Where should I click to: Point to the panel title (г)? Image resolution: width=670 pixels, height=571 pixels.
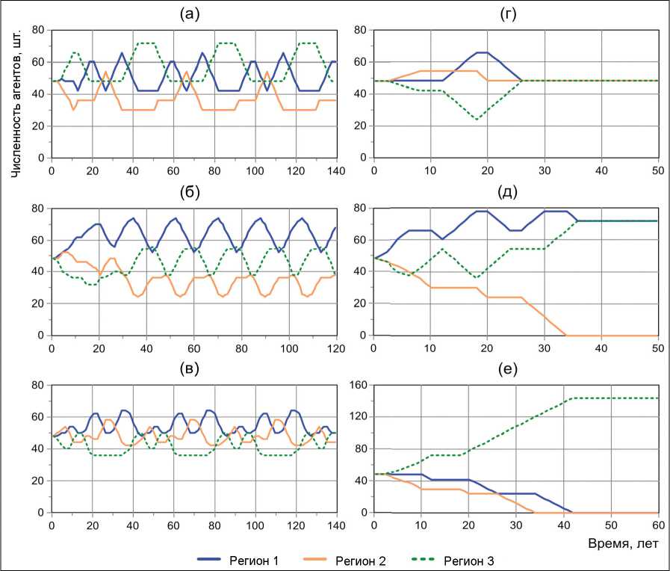(x=515, y=13)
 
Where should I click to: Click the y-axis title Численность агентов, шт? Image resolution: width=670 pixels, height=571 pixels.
(x=16, y=96)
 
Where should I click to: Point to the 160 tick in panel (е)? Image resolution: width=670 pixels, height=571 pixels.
(x=357, y=385)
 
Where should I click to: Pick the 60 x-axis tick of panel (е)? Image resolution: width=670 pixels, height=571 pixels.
(x=658, y=525)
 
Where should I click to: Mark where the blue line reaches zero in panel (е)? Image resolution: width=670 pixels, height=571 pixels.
(x=571, y=512)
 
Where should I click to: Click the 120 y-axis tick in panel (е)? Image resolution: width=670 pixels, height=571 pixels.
(x=357, y=417)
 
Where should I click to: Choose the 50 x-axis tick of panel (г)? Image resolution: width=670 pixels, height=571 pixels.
(x=658, y=170)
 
